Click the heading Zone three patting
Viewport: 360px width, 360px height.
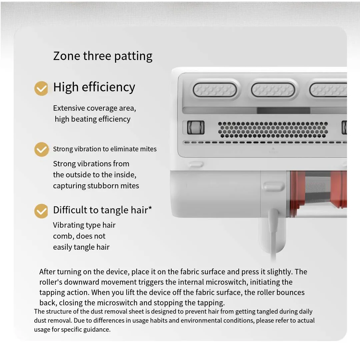(103, 56)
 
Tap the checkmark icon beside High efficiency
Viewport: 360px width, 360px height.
(41, 88)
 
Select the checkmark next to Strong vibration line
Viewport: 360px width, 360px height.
(41, 149)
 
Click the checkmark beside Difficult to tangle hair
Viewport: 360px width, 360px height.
(41, 211)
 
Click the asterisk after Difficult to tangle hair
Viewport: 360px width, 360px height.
(150, 209)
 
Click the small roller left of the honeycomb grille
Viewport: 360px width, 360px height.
(196, 128)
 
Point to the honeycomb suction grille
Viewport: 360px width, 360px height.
(273, 130)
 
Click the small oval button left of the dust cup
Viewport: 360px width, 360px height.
(273, 186)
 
